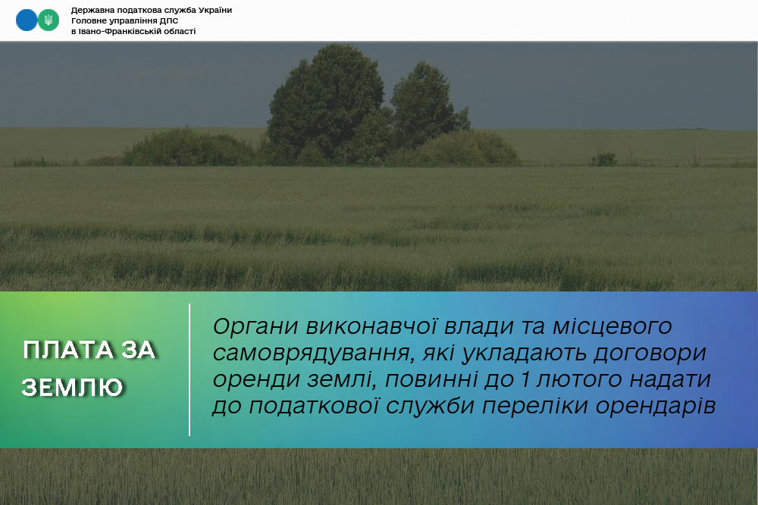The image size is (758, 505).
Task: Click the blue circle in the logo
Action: tap(27, 20)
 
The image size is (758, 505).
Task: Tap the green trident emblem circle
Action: tap(49, 20)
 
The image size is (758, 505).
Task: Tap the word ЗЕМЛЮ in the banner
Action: tap(72, 387)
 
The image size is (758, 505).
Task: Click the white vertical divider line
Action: tap(189, 369)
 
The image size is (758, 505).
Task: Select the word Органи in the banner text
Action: tap(255, 327)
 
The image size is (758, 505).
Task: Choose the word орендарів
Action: tap(656, 406)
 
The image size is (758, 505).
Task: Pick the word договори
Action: tap(650, 354)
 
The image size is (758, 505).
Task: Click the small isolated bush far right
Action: tap(604, 159)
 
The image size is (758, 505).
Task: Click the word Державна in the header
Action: tap(92, 10)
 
